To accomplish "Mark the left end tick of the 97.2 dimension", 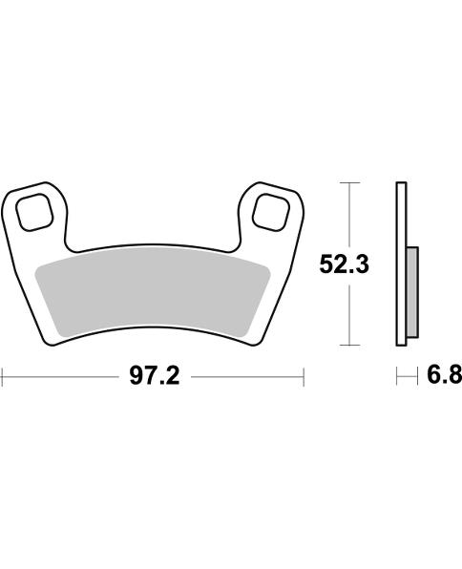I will [2, 377].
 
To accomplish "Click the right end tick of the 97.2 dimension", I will [304, 377].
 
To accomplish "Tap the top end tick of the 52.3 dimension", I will [352, 181].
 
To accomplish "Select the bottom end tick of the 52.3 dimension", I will [352, 345].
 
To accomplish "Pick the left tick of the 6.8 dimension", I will [397, 377].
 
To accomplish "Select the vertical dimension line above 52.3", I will [352, 215].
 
